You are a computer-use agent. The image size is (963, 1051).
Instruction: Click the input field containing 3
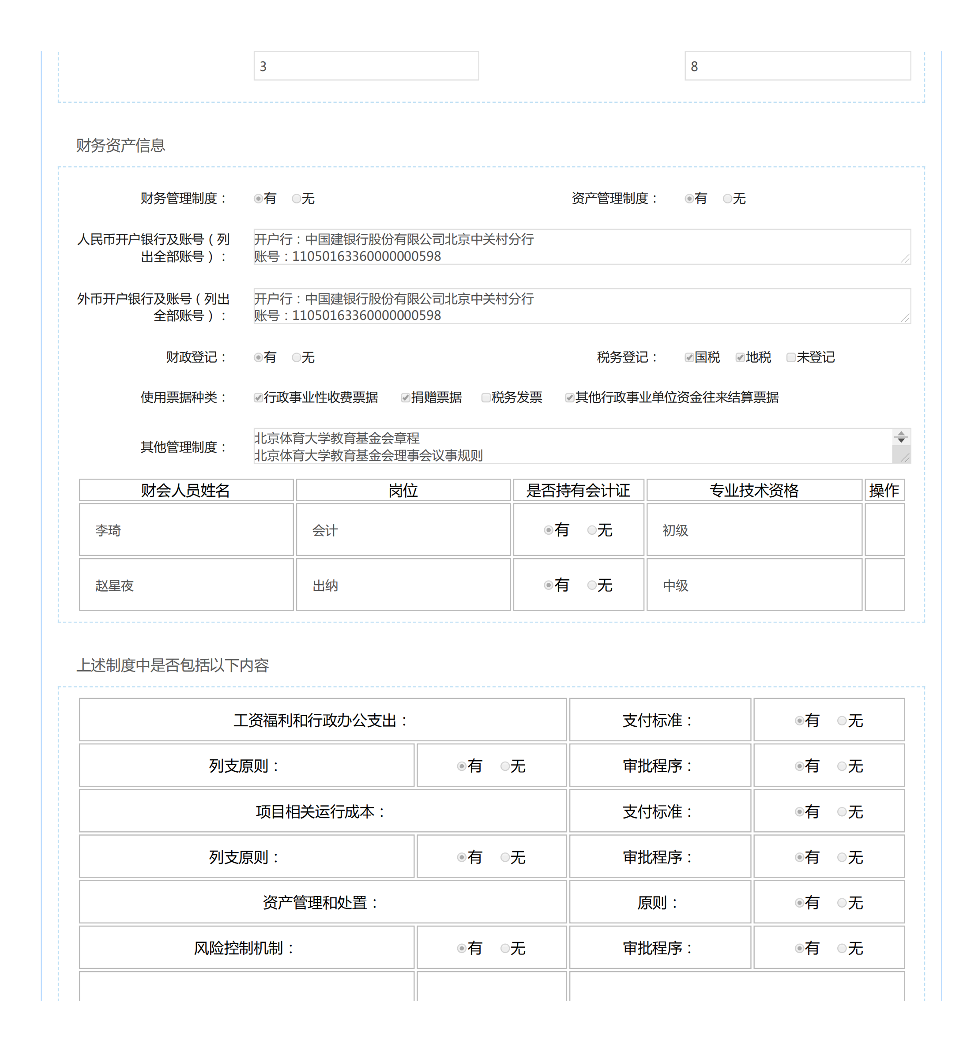click(x=365, y=66)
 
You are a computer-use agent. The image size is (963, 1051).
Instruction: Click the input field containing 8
click(x=797, y=66)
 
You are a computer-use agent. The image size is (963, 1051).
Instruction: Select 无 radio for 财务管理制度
click(x=296, y=199)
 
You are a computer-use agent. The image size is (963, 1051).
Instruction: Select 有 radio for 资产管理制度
click(x=689, y=199)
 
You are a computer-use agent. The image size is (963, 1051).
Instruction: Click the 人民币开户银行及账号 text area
click(x=581, y=247)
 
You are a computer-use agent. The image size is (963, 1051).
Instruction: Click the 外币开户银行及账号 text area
click(x=581, y=306)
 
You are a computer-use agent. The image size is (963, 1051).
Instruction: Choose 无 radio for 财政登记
click(x=296, y=358)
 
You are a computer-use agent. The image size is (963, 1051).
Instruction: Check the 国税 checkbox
click(x=689, y=358)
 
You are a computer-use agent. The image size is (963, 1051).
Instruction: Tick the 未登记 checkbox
click(x=791, y=358)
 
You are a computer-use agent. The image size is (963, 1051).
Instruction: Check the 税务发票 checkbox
click(x=485, y=398)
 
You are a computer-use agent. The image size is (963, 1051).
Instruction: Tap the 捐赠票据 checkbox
click(x=405, y=398)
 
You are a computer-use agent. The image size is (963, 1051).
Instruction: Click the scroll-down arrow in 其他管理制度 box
click(x=901, y=440)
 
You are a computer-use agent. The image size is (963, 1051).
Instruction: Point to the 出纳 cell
click(x=403, y=585)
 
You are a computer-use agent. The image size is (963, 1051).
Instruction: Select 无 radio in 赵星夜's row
click(x=592, y=585)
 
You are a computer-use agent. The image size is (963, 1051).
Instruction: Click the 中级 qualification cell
click(x=753, y=585)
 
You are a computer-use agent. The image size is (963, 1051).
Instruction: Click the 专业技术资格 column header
click(x=753, y=490)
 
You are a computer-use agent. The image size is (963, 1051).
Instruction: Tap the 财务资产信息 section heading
click(x=120, y=146)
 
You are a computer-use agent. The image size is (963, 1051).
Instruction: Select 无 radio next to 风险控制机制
click(x=505, y=948)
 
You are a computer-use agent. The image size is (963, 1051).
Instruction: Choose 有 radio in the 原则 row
click(x=799, y=903)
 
